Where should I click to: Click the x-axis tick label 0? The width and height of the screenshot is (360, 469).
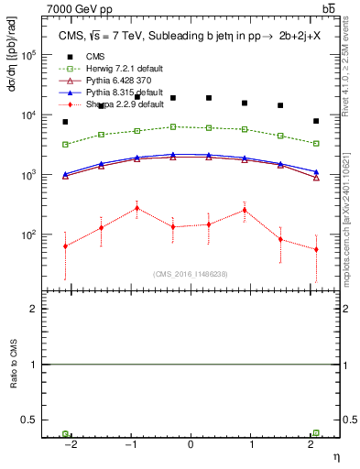191,442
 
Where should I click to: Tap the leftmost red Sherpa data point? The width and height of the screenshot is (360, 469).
65,245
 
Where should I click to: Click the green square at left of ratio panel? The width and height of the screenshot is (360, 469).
65,433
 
